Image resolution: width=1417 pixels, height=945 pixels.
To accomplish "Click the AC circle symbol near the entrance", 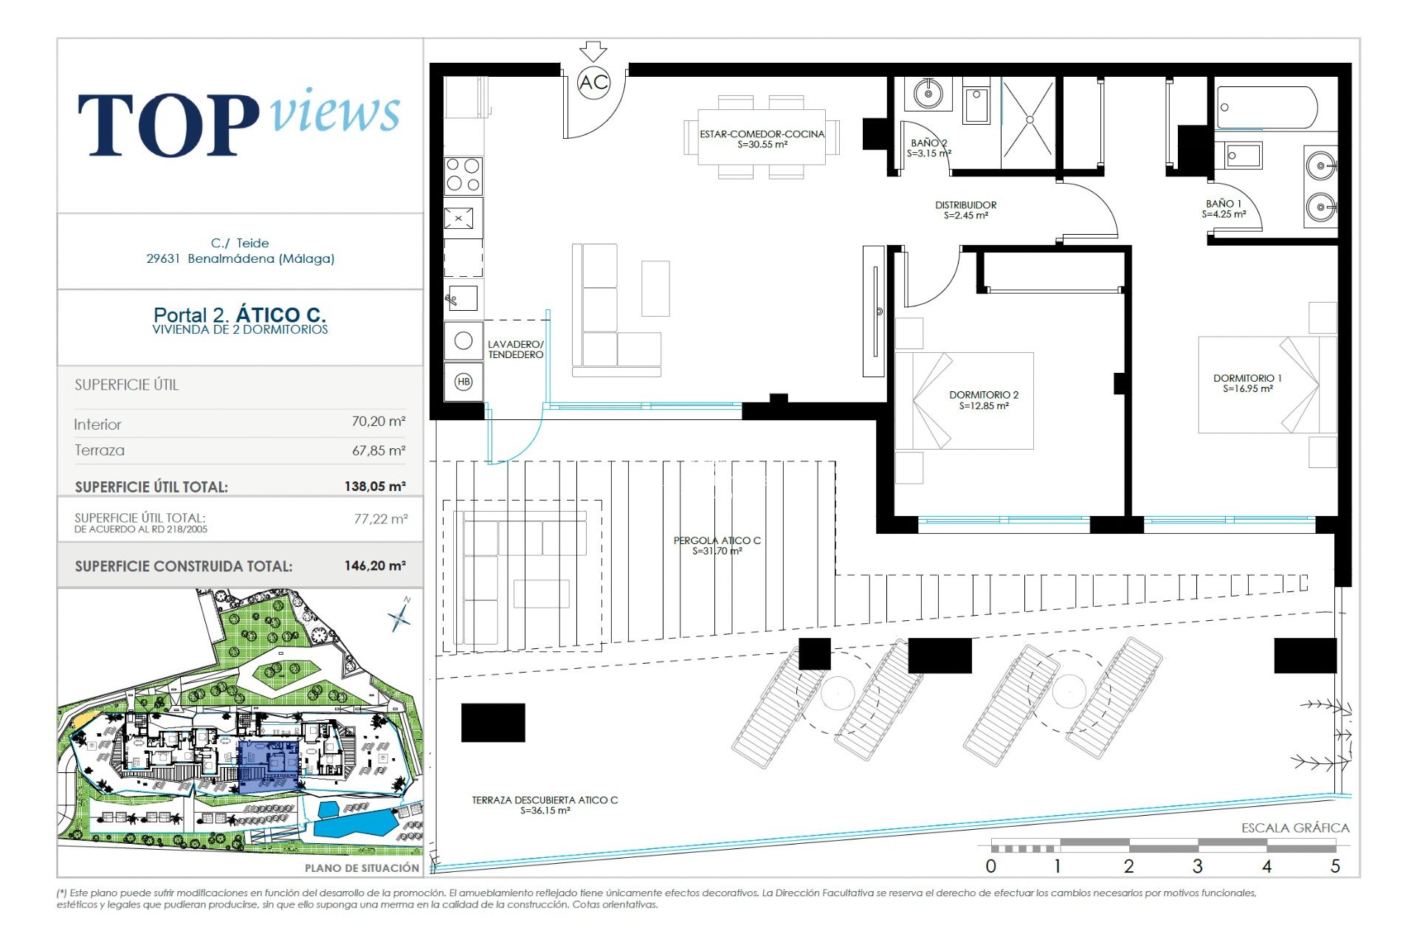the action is point(593,82).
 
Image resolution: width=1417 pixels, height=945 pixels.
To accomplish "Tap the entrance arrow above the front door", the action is point(593,52).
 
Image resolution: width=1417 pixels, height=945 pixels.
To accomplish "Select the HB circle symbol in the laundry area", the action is point(463,382).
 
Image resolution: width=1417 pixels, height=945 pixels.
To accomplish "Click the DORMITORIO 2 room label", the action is point(984,400).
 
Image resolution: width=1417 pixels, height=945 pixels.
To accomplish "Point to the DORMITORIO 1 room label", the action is point(1247,383).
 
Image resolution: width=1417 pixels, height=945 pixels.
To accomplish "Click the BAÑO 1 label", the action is point(1224,209).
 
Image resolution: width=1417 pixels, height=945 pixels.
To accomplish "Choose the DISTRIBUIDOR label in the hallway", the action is point(965,210).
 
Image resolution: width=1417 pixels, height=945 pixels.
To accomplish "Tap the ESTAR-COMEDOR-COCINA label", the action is point(762,139).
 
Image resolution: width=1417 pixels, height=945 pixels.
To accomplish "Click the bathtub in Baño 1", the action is point(1266,108).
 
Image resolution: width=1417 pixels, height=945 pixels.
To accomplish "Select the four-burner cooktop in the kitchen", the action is point(463,175).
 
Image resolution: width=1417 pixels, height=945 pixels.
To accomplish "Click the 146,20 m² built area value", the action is point(375,566).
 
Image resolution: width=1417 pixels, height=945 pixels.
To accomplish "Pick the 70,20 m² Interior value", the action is point(379,422).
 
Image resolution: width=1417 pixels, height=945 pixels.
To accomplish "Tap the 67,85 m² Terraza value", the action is point(379,450).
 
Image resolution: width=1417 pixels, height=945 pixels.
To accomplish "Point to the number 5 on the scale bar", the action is point(1335,866).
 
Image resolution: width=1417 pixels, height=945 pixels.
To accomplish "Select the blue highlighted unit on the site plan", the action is point(269,766).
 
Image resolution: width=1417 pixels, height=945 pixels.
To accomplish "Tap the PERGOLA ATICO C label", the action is point(717,546).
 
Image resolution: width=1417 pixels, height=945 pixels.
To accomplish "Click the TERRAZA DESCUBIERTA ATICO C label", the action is point(545,805).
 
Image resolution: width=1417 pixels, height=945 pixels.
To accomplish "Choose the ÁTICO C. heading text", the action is point(281,315).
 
